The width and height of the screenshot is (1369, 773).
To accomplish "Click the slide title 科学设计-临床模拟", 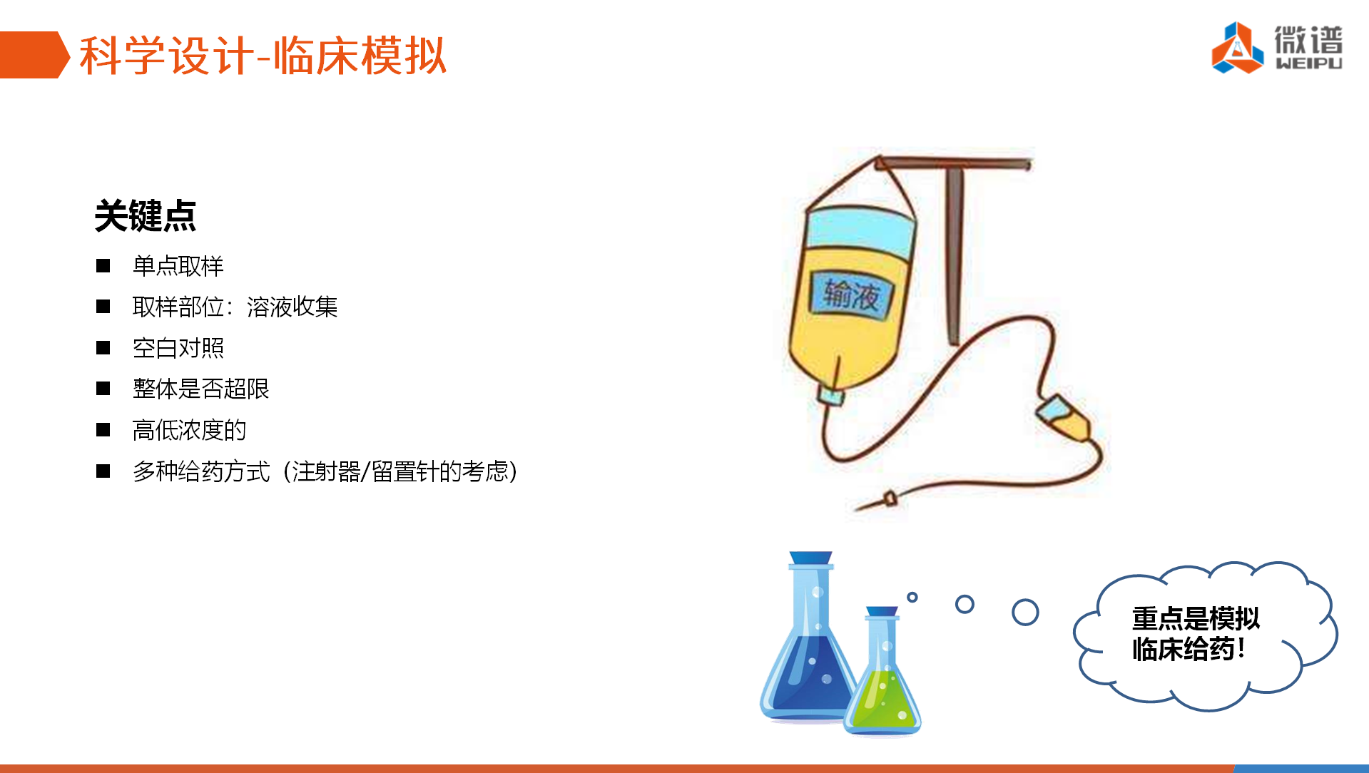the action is click(263, 56).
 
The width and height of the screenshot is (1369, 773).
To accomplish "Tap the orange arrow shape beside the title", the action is click(34, 54).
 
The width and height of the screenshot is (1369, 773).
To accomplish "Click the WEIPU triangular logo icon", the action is click(1237, 48).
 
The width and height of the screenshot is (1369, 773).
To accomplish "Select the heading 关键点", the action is click(146, 215).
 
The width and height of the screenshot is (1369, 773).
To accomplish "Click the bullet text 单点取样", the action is click(178, 266).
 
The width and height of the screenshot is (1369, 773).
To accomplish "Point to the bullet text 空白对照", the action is click(178, 348).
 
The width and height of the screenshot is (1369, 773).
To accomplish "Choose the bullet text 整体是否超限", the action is click(201, 389).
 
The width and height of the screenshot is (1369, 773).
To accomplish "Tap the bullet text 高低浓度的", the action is click(190, 430).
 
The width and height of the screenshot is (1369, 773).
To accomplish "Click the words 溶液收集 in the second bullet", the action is click(292, 307).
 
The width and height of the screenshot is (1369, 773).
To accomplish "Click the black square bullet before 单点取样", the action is click(103, 266).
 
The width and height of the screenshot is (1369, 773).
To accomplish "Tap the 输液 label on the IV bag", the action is click(851, 295).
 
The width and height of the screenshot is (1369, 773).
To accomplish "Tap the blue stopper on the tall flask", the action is click(811, 558).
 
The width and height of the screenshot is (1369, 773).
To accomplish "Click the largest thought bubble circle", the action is click(1025, 612).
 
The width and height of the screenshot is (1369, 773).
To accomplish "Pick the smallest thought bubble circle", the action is click(912, 597).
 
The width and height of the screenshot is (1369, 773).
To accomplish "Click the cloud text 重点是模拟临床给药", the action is click(1196, 633).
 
